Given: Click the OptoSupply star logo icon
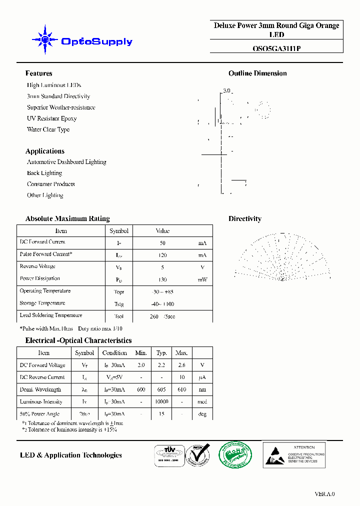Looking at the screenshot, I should pyautogui.click(x=45, y=39).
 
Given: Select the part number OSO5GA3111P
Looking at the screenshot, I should pyautogui.click(x=276, y=48).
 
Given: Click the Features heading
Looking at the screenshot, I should pyautogui.click(x=38, y=73).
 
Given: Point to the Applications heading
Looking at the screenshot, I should pyautogui.click(x=45, y=151).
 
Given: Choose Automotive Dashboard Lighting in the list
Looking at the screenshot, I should pyautogui.click(x=66, y=162).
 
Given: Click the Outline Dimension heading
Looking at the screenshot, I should pyautogui.click(x=257, y=73).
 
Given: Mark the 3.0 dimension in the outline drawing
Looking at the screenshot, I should pyautogui.click(x=226, y=90).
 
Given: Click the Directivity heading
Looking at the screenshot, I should pyautogui.click(x=245, y=218).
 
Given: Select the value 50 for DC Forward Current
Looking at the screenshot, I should pyautogui.click(x=162, y=243).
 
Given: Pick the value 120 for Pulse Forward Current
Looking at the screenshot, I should pyautogui.click(x=162, y=255).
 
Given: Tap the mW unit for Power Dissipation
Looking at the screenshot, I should pyautogui.click(x=202, y=279).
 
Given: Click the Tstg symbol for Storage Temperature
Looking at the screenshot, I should pyautogui.click(x=119, y=304).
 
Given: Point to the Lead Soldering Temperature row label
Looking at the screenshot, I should pyautogui.click(x=51, y=315).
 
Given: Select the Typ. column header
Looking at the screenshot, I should pyautogui.click(x=161, y=353).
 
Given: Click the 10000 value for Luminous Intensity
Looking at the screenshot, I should pyautogui.click(x=161, y=402).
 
